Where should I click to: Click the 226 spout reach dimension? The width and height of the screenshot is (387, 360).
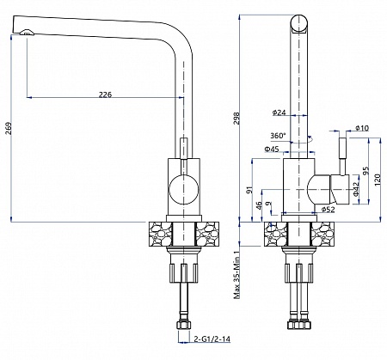(105, 95)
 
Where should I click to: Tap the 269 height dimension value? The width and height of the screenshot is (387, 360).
(9, 128)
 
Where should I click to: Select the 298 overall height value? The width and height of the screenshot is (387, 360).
(236, 119)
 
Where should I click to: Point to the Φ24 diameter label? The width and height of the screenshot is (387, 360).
(279, 113)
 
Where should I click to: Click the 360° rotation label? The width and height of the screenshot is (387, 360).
(278, 136)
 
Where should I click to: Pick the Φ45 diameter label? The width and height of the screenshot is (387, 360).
(272, 149)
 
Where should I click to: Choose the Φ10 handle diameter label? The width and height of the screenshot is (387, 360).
(362, 128)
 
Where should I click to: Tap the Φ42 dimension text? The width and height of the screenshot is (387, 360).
(356, 189)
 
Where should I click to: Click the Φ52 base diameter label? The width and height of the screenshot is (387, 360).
(328, 210)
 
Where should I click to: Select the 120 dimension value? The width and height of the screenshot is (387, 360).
(378, 179)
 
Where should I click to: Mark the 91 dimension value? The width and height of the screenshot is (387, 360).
(250, 190)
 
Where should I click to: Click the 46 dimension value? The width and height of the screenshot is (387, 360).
(259, 205)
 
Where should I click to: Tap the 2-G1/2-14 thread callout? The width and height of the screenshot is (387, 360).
(212, 339)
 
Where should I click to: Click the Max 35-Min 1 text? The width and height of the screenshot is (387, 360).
(236, 275)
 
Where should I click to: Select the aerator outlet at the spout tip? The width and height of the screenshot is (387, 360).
(27, 33)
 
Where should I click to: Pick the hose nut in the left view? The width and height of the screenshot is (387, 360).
(183, 325)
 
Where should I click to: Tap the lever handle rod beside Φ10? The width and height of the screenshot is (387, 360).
(343, 156)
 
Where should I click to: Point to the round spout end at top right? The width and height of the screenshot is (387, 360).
(299, 23)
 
